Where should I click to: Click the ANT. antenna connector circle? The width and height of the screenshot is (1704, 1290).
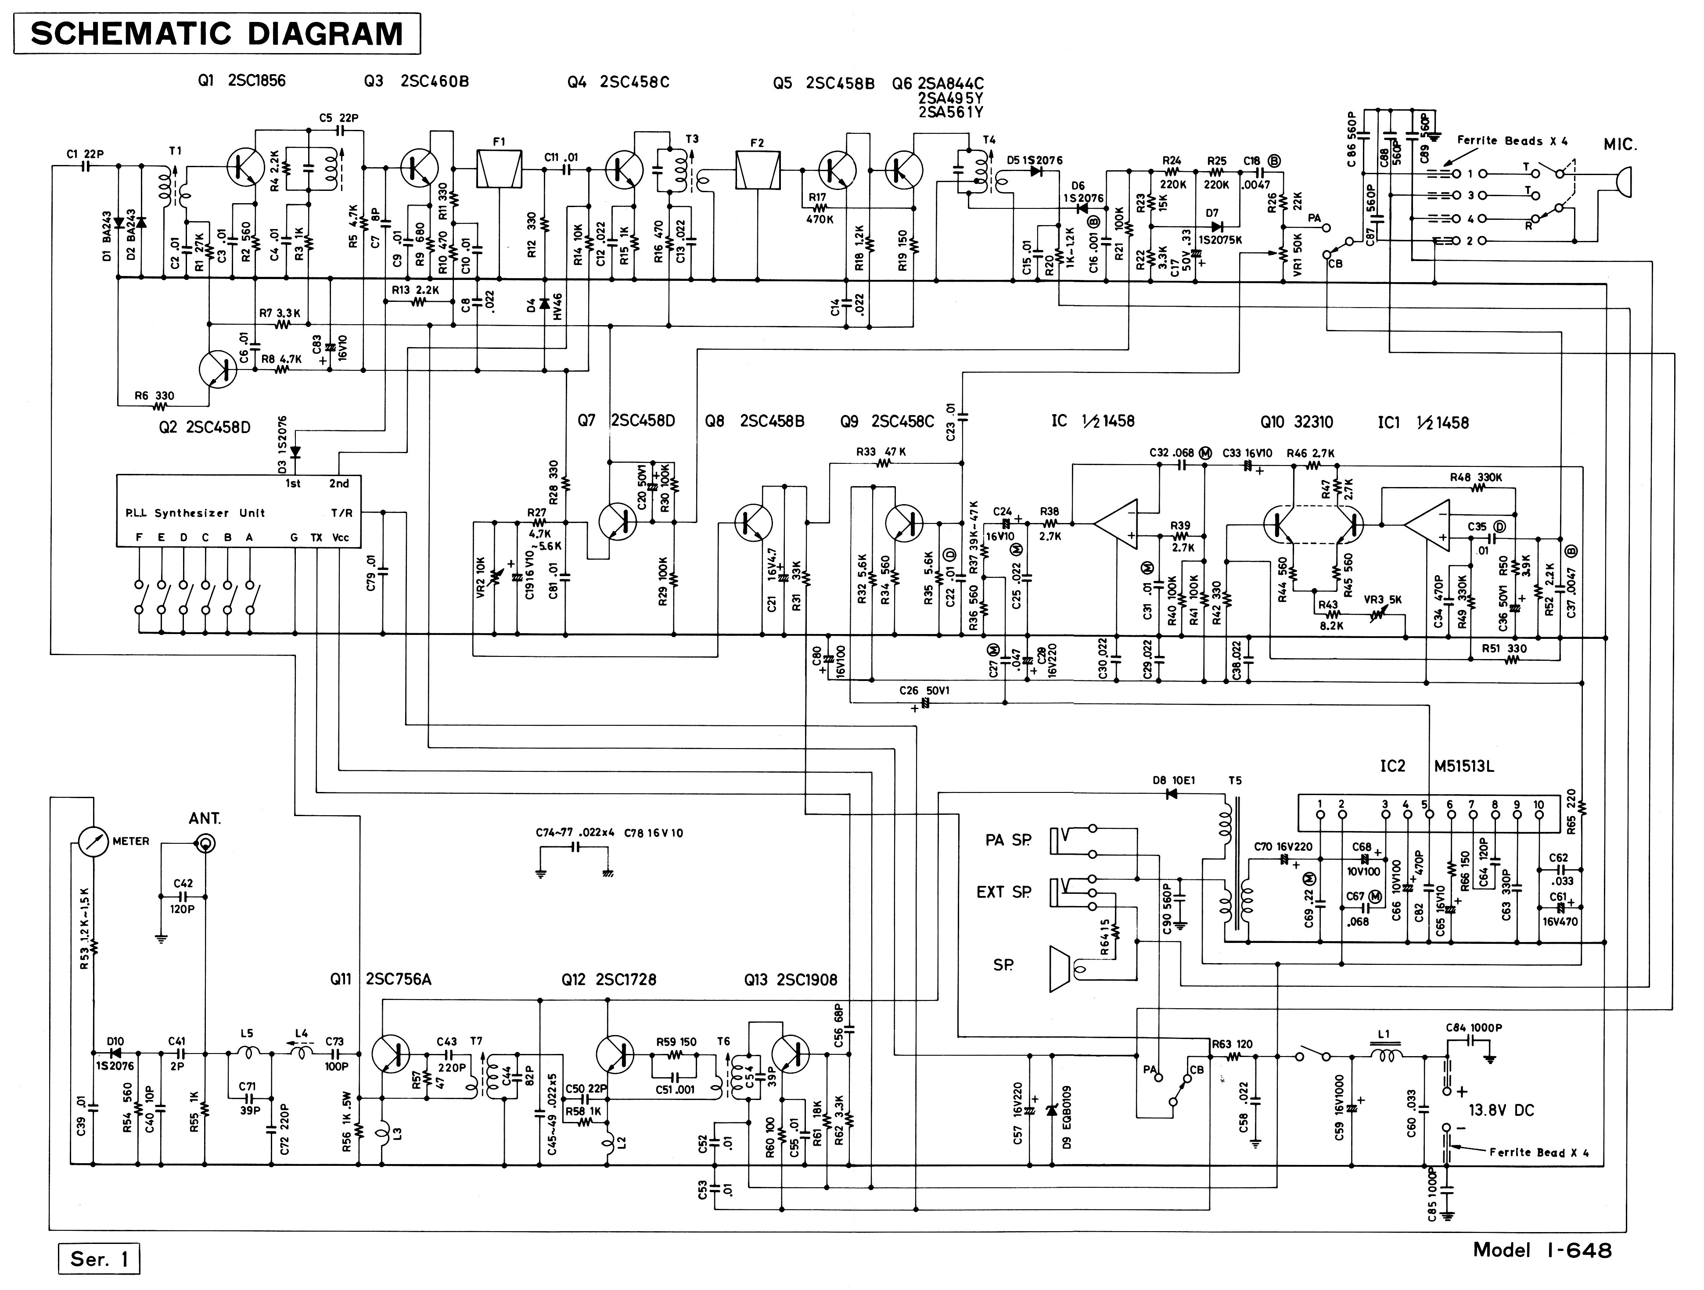[205, 844]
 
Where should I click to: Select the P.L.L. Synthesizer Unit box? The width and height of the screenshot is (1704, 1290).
[238, 511]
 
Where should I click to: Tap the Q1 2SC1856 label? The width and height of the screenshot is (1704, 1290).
[241, 81]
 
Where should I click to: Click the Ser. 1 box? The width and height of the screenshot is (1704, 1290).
[99, 1259]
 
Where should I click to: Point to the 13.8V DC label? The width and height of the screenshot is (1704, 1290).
[1501, 1111]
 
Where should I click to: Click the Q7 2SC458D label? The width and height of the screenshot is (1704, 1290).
[626, 420]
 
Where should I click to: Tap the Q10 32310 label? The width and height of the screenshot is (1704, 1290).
[1297, 422]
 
